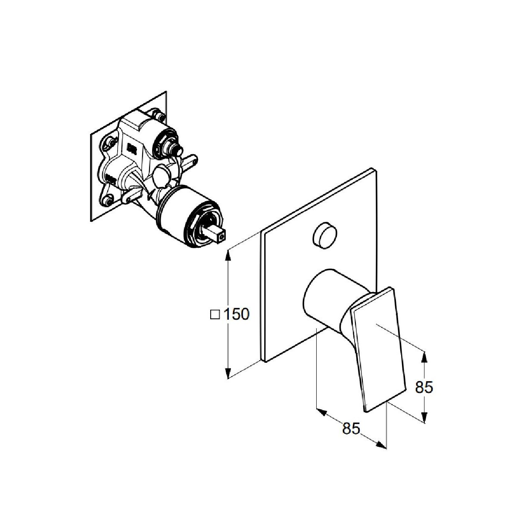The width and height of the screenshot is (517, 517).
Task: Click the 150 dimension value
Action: (237, 314)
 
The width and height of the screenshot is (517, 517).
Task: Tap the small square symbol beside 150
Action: (215, 315)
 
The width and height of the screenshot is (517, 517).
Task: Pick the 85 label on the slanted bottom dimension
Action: (351, 429)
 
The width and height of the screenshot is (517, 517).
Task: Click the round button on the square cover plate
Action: (325, 236)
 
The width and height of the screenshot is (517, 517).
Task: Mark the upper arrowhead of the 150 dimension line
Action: (227, 255)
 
